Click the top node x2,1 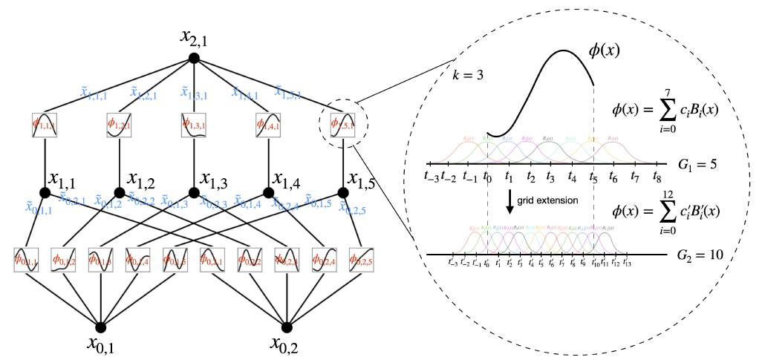click(194, 57)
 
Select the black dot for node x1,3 click(194, 192)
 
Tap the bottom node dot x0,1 click(100, 327)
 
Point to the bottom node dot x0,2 click(287, 327)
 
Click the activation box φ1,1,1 click(45, 124)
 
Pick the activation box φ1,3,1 click(194, 124)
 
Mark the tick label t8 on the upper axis click(657, 177)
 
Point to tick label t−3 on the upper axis click(430, 177)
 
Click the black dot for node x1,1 click(45, 192)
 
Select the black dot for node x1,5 click(343, 192)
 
